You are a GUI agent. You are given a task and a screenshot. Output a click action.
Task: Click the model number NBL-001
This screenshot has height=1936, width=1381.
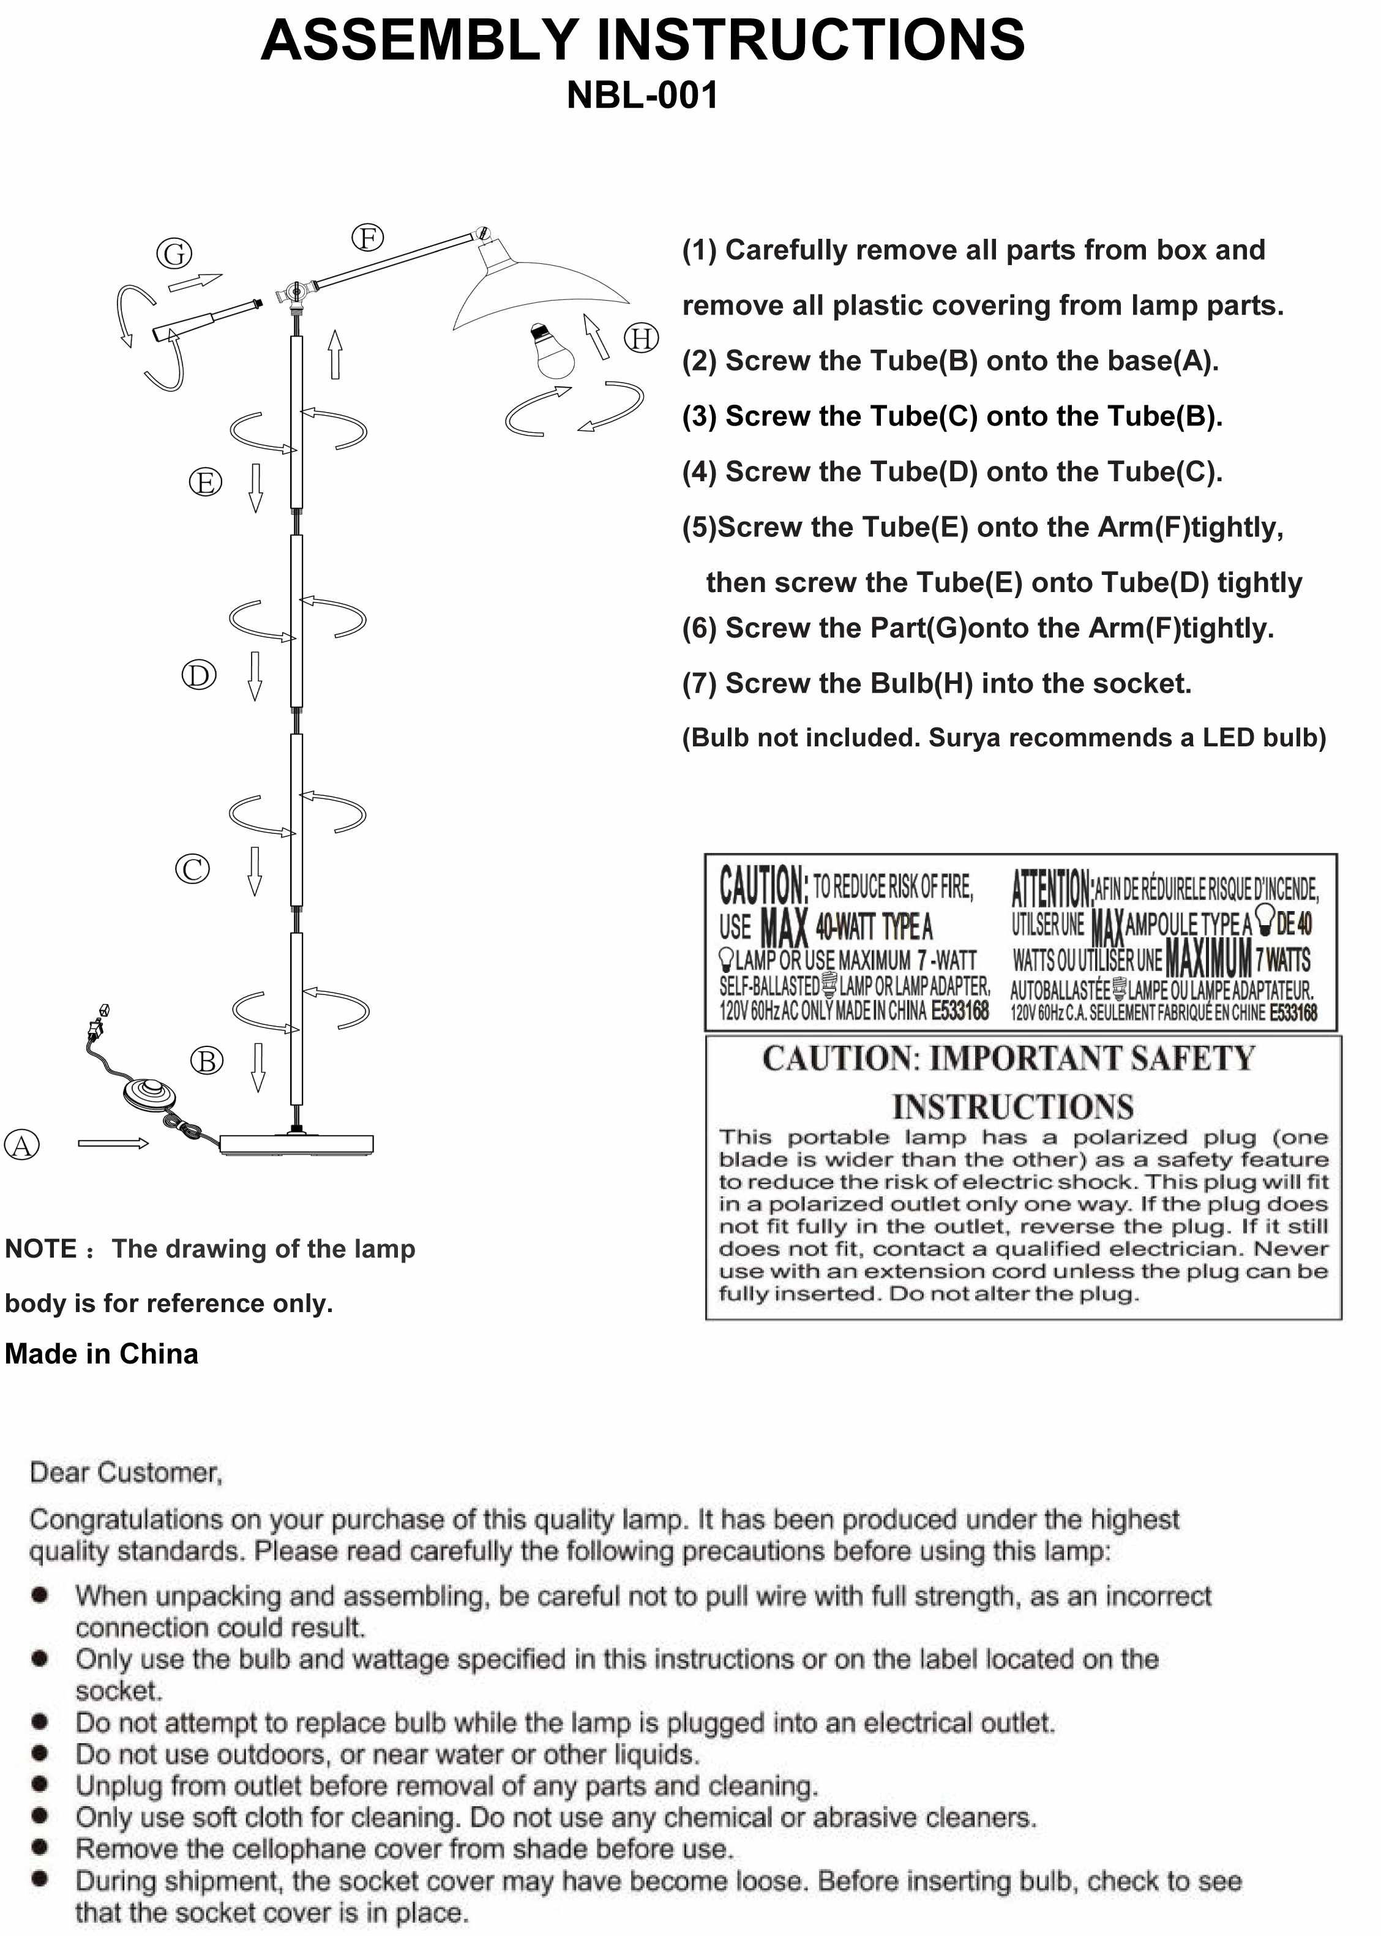click(642, 96)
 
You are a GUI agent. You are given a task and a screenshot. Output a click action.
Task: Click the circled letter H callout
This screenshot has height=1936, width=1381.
click(642, 339)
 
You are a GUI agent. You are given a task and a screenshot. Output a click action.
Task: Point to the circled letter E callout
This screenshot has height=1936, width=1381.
click(205, 482)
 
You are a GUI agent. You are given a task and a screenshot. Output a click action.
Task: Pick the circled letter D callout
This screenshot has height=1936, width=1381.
click(199, 675)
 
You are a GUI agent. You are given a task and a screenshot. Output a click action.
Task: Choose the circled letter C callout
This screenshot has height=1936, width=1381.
click(192, 869)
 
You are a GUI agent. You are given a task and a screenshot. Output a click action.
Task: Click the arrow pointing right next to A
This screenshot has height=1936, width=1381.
click(112, 1143)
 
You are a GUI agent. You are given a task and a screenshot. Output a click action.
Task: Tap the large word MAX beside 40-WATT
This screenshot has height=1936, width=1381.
click(783, 927)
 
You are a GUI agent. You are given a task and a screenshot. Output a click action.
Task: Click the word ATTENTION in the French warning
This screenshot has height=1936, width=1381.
click(1051, 889)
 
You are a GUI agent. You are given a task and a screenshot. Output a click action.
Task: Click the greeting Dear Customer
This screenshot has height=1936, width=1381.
click(126, 1473)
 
